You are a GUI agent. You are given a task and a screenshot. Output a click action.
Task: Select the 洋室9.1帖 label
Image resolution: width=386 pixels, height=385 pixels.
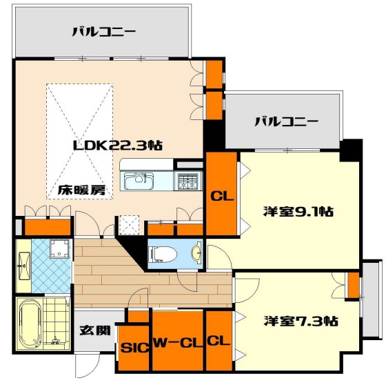point(297,212)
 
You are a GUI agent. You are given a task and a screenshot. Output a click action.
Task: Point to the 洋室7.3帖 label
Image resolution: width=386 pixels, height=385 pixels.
point(301,321)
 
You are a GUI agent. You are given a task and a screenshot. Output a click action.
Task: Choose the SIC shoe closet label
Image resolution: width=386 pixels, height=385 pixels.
point(134,348)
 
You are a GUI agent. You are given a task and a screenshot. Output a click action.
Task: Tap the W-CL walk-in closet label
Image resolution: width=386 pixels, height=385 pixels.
point(176,342)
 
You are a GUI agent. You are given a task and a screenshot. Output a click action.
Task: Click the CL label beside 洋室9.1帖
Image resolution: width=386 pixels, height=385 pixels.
point(222,196)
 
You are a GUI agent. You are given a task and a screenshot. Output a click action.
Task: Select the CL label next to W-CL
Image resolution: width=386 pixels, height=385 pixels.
point(218,341)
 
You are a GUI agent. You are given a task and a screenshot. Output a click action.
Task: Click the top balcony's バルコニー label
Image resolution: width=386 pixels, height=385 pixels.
point(104,31)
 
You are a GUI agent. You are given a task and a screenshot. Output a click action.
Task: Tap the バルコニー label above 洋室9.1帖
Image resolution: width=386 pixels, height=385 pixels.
point(286,121)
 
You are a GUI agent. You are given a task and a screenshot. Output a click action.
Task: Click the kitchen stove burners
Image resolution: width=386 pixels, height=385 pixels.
point(187,181)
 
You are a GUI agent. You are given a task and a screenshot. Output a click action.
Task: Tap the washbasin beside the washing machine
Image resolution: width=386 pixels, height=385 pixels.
point(23,263)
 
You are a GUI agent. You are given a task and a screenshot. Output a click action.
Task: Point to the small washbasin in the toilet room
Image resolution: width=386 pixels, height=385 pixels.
point(196,253)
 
